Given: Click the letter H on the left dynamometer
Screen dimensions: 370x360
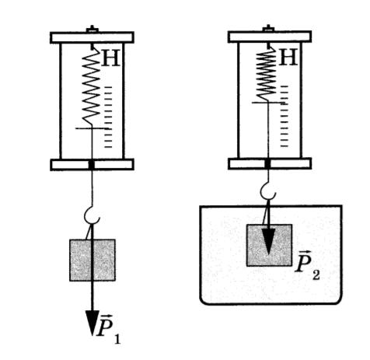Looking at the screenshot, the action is click(111, 58).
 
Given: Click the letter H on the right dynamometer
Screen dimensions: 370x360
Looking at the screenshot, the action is click(288, 57).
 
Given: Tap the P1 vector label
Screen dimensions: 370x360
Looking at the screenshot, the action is click(108, 330).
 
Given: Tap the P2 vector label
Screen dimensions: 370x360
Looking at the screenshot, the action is click(307, 265).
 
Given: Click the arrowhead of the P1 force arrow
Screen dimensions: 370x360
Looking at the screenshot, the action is click(92, 322).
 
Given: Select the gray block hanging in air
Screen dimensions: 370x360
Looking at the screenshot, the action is click(92, 260).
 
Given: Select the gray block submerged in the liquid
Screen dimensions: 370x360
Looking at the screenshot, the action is click(269, 245).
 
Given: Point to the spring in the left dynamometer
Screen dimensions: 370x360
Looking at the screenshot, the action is click(91, 87).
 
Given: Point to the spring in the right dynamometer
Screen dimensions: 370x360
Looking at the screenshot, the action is click(266, 75).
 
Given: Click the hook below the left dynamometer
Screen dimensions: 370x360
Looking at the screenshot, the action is click(91, 215).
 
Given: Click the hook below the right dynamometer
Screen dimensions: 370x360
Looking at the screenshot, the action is click(267, 191).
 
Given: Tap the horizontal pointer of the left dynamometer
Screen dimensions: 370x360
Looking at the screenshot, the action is click(93, 128).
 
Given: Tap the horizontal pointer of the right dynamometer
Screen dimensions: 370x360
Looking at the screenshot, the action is click(268, 103).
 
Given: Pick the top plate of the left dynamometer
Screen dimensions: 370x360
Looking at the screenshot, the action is click(92, 37).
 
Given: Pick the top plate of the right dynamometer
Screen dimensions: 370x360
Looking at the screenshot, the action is click(270, 37).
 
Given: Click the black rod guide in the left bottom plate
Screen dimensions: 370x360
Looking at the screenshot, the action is click(92, 165).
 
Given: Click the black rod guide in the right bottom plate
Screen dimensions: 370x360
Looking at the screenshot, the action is click(268, 164).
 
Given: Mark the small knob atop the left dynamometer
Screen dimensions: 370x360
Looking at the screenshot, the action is click(92, 30).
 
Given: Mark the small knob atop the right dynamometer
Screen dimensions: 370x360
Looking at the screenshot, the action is click(269, 29).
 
